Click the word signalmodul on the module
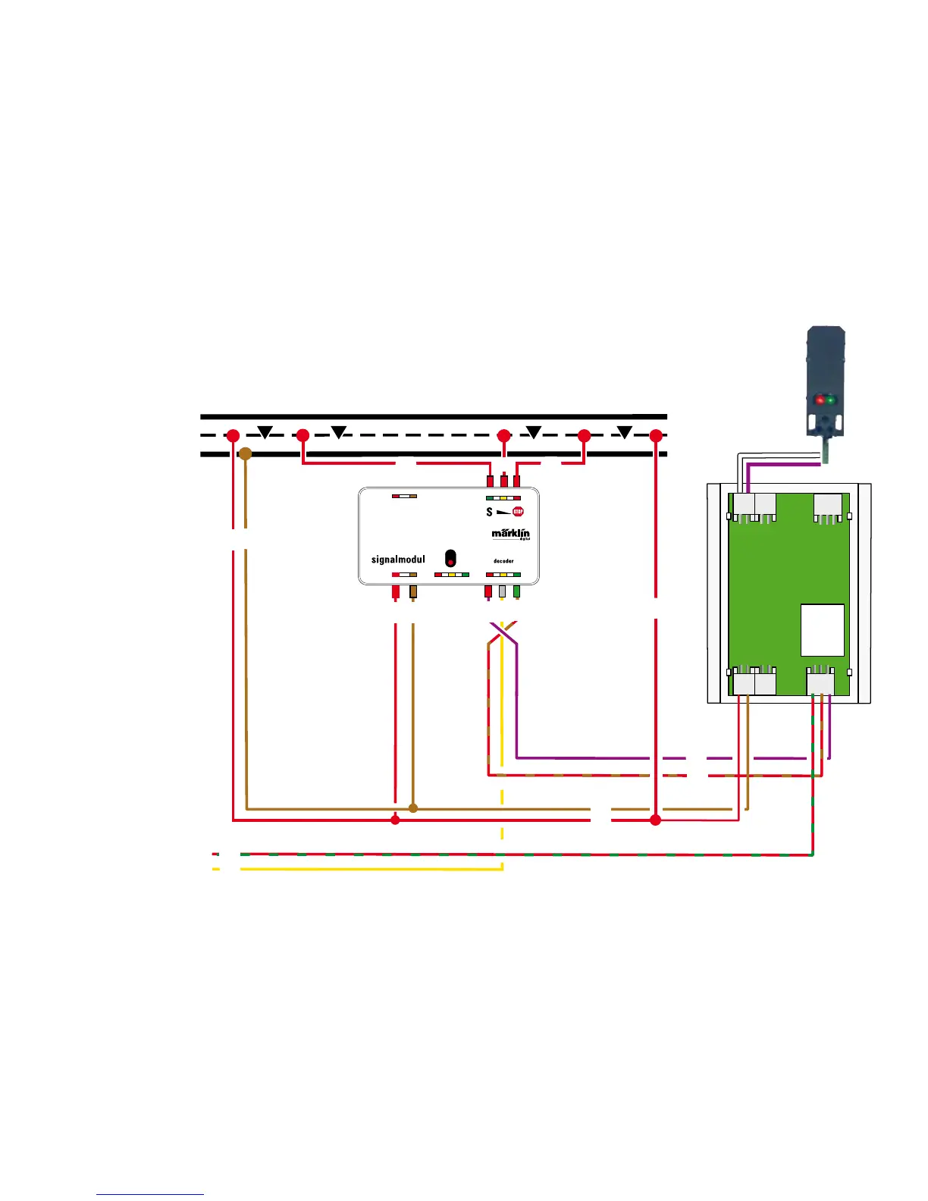tap(398, 560)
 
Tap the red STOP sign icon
tap(518, 512)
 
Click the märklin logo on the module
tap(511, 534)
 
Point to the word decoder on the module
tap(503, 561)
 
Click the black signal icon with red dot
tap(450, 557)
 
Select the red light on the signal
tap(820, 400)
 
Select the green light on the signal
tap(831, 400)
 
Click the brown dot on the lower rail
tap(245, 453)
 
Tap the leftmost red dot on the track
tap(233, 436)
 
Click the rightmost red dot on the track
tap(656, 436)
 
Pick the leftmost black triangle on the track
tap(265, 432)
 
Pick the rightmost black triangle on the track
tap(624, 432)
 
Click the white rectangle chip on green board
tap(823, 630)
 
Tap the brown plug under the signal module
tap(413, 591)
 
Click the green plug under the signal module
tap(516, 591)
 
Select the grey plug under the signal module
tap(502, 591)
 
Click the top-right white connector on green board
tap(828, 506)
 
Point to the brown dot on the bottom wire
tap(413, 808)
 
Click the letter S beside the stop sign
tap(490, 512)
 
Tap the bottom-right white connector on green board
tap(820, 682)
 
